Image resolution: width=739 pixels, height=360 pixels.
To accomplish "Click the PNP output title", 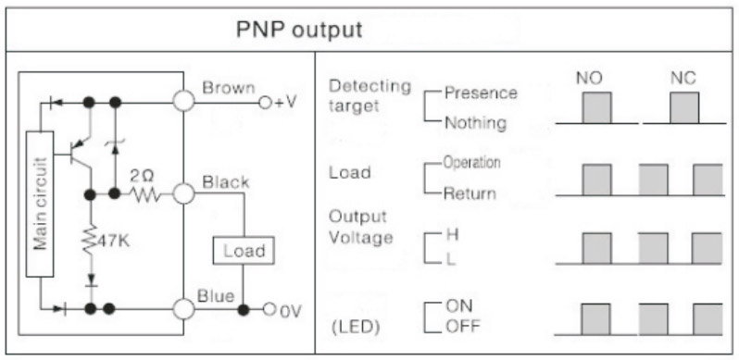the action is [299, 30].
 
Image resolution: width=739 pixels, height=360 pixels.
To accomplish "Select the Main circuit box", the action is [40, 204].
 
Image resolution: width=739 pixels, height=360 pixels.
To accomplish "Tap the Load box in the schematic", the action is [244, 250].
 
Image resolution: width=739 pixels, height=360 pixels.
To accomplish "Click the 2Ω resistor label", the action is [141, 178].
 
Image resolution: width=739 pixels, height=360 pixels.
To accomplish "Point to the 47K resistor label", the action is [113, 242].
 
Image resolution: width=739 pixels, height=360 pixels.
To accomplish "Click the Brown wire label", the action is [229, 88].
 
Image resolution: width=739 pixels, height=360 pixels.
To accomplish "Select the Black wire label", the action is [226, 182].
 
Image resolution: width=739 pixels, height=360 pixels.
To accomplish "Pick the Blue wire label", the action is [216, 296].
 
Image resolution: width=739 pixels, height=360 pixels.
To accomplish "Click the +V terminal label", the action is [284, 102].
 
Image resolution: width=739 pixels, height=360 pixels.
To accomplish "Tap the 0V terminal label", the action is [290, 311].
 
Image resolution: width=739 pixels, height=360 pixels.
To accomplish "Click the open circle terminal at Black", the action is [183, 193].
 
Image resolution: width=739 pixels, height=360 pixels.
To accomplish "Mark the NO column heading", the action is [589, 79].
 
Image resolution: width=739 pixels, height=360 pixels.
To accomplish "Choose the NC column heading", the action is [683, 79].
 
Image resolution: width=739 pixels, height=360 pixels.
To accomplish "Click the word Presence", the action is [481, 93].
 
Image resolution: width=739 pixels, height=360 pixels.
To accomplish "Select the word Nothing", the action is [476, 123].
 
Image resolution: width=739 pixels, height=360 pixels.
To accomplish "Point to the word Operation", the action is [471, 163].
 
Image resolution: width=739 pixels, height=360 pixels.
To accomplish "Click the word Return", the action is [470, 193].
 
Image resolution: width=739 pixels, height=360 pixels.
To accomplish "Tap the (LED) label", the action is [356, 328].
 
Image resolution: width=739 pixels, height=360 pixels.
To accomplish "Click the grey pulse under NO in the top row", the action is [596, 107].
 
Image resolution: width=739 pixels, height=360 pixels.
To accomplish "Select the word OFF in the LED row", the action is [463, 327].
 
